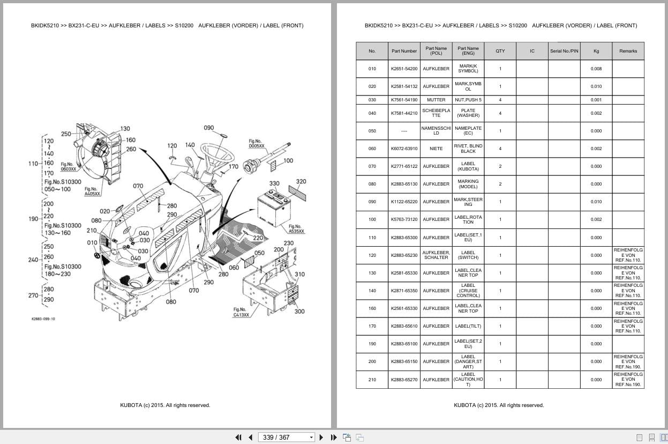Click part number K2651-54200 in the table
coord(404,69)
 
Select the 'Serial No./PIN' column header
coord(564,51)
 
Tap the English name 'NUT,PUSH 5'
coord(468,100)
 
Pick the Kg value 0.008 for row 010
coord(596,69)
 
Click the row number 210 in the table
coord(372,380)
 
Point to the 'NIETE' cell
coord(436,149)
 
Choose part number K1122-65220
coord(404,202)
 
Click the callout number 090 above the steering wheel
coord(209,128)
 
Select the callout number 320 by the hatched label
coord(301,182)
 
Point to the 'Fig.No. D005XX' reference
coord(256,143)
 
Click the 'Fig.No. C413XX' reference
coord(241,312)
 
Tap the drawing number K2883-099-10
coord(43,319)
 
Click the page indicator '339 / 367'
coord(276,437)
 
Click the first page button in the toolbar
coord(238,437)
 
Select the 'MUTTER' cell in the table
coord(436,100)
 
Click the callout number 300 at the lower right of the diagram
coord(299,311)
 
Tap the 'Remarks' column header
coord(628,51)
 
